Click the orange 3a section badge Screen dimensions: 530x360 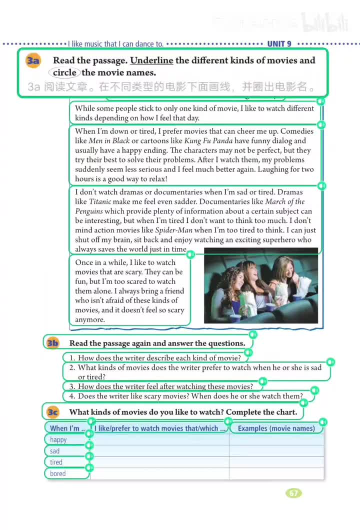[33, 61]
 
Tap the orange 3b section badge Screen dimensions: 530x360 [52, 343]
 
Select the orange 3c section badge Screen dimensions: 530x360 [52, 412]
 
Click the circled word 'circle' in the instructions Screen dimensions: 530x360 [65, 72]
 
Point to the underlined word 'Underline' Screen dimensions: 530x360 [151, 60]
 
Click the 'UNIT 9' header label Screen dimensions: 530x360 [279, 44]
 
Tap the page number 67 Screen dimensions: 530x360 [293, 493]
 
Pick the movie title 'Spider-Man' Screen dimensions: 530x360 [173, 230]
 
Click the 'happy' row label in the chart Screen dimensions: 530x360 [58, 439]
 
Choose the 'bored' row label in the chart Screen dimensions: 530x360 [57, 473]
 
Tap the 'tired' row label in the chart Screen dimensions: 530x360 [56, 462]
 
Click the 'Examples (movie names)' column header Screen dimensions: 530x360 [276, 428]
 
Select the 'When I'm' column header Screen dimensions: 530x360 [65, 428]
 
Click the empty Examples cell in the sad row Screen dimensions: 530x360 [276, 451]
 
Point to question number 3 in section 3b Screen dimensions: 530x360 [72, 386]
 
